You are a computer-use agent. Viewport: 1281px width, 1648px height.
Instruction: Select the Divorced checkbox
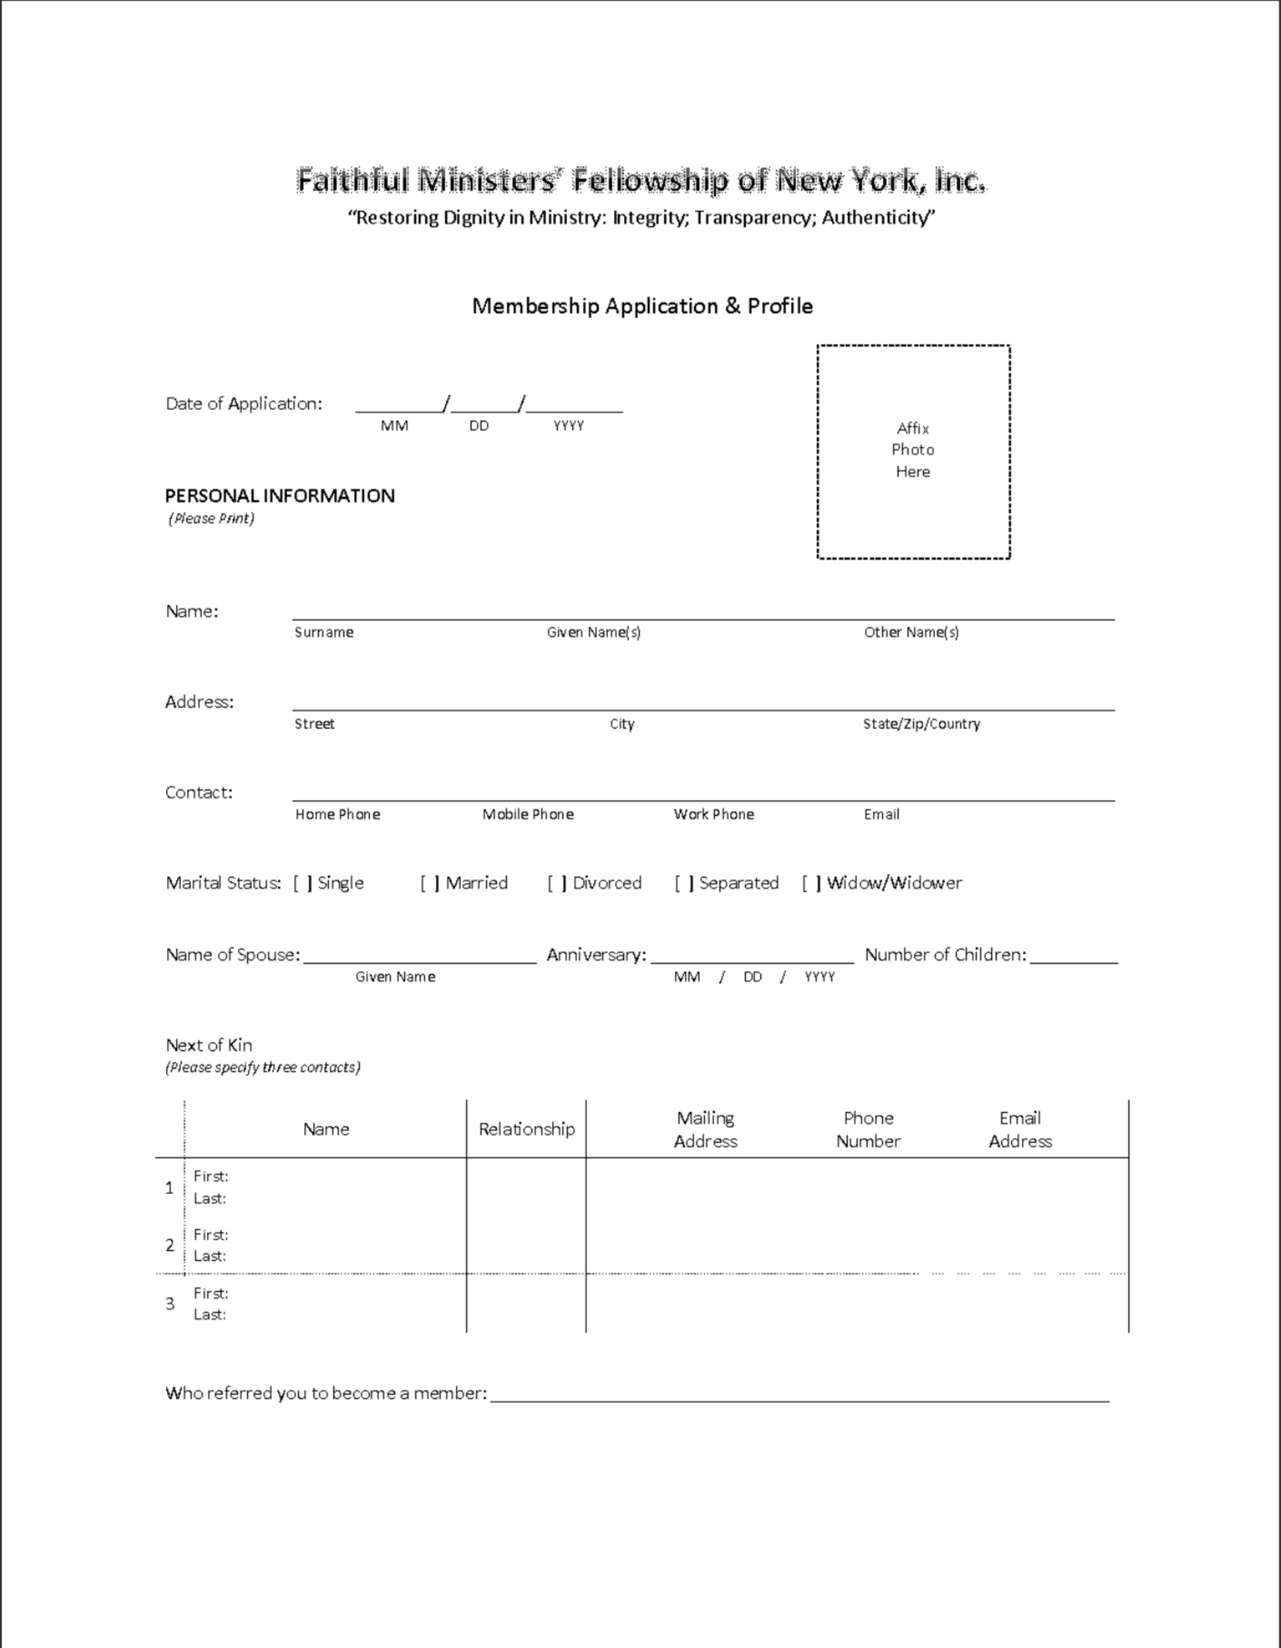pyautogui.click(x=557, y=883)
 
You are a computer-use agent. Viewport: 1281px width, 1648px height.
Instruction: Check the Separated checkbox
pyautogui.click(x=684, y=883)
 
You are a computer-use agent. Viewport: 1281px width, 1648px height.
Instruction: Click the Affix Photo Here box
pyautogui.click(x=913, y=451)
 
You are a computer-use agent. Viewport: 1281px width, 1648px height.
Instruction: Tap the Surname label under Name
pyautogui.click(x=323, y=632)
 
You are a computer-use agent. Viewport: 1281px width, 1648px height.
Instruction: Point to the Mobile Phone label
pyautogui.click(x=528, y=814)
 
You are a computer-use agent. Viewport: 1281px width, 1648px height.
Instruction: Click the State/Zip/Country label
pyautogui.click(x=921, y=724)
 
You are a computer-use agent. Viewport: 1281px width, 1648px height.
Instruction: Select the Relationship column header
pyautogui.click(x=526, y=1129)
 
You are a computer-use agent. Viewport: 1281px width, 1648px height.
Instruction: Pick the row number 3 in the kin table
pyautogui.click(x=170, y=1303)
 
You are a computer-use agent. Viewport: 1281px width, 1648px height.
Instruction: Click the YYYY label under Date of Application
pyautogui.click(x=569, y=426)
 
